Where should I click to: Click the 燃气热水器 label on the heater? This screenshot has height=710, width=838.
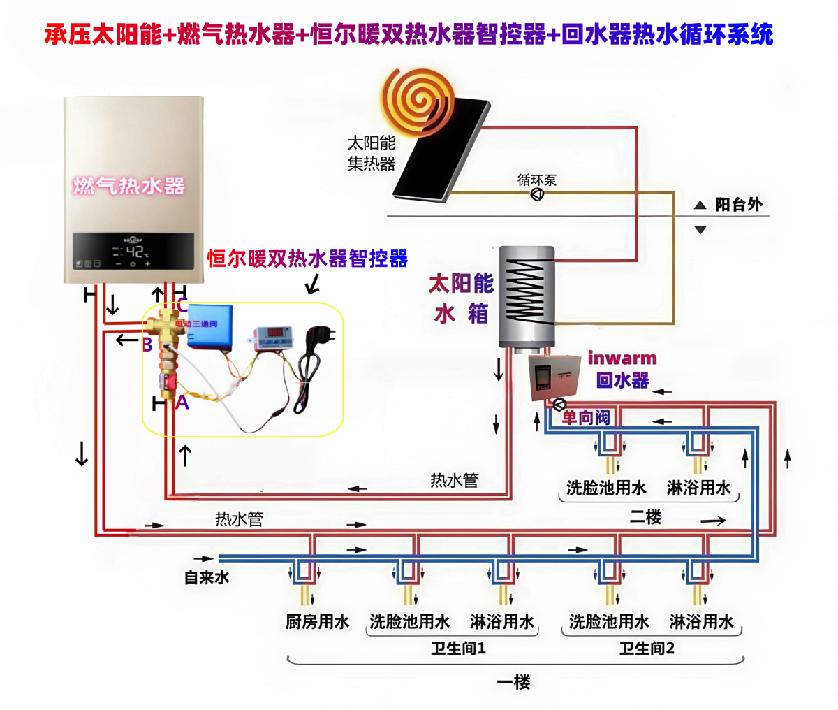129,185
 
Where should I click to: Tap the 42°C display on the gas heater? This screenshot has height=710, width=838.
135,251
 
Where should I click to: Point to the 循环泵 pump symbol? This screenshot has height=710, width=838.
537,194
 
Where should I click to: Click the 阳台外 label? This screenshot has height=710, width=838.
738,205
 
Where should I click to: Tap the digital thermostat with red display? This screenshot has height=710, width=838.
270,334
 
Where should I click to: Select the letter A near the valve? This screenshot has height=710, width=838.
182,403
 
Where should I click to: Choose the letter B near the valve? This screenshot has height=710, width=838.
147,345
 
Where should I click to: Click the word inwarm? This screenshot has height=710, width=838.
622,358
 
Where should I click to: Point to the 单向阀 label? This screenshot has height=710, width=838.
586,417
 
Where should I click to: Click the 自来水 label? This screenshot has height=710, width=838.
206,577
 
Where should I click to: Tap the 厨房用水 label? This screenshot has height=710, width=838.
317,621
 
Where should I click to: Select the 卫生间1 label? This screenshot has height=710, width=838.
458,648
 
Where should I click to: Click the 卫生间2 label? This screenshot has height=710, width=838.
647,648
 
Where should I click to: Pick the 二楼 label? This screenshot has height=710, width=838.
645,517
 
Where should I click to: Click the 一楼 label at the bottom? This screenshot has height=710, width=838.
513,681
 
